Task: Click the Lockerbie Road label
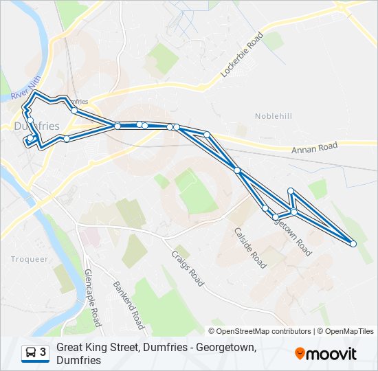pos(241,54)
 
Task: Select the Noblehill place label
pos(274,117)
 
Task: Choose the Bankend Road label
pos(129,305)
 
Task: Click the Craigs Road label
pos(187,268)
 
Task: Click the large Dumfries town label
pos(36,126)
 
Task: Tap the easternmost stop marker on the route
pos(353,244)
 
